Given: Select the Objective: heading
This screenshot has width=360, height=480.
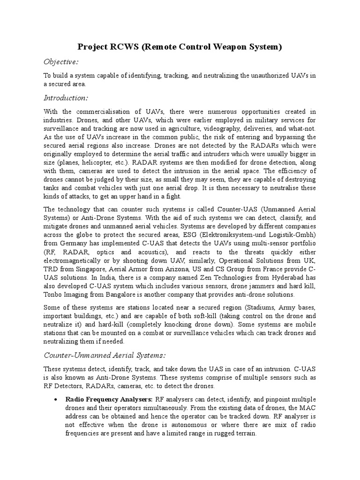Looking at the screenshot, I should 61,62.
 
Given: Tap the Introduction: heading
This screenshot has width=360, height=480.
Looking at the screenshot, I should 66,98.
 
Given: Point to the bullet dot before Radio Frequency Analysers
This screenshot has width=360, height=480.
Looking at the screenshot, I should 56,399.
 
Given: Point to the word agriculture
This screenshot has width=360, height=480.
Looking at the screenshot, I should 200,128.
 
